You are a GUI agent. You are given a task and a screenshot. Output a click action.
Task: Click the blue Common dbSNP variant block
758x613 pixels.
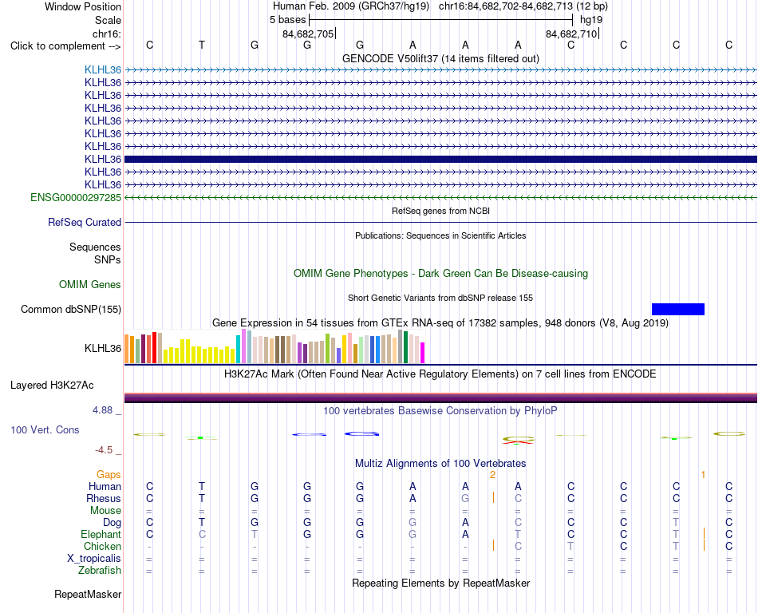tap(677, 309)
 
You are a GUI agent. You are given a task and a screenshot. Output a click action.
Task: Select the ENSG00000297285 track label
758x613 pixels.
tap(76, 197)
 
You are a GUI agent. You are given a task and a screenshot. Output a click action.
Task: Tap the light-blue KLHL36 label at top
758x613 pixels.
tap(103, 69)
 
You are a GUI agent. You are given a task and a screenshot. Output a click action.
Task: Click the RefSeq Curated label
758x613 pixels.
tap(85, 223)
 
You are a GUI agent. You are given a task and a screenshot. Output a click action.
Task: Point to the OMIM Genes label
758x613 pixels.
tap(90, 284)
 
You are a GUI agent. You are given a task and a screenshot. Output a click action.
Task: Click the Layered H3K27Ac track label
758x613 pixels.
tap(52, 386)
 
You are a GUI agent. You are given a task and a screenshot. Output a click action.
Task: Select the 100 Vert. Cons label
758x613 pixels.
tap(45, 429)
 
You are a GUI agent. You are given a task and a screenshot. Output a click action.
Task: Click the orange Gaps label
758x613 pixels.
tap(109, 474)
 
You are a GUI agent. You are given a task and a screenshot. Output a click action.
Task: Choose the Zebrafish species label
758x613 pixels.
tap(100, 571)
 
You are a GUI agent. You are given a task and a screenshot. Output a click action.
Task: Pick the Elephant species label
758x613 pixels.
tap(101, 534)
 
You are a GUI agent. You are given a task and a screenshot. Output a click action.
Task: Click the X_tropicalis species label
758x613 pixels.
tap(94, 559)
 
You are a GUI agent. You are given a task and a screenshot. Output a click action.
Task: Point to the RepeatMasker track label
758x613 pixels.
tap(88, 594)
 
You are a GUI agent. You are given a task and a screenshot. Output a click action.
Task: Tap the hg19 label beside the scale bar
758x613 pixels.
tap(591, 20)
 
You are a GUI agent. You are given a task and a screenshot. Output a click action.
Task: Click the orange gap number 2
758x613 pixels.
tap(492, 475)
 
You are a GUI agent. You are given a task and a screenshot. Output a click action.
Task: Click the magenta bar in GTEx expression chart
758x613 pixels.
tap(423, 353)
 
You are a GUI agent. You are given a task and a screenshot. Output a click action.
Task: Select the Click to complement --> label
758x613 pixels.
tap(65, 46)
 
